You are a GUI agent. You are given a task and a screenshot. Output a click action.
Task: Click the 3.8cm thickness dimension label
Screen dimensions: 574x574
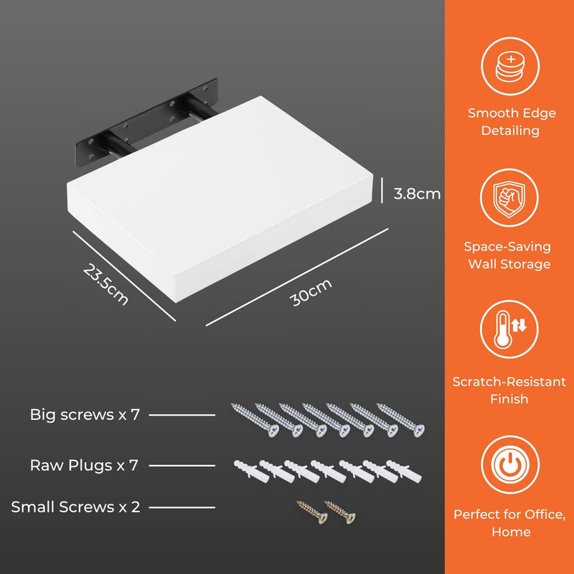pyautogui.click(x=417, y=194)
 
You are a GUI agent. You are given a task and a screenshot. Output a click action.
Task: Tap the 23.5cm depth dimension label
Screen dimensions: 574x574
pyautogui.click(x=105, y=284)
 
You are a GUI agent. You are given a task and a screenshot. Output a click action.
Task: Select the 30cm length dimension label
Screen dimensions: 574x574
pyautogui.click(x=311, y=292)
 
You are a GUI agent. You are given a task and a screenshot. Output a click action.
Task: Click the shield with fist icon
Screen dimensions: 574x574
pyautogui.click(x=509, y=199)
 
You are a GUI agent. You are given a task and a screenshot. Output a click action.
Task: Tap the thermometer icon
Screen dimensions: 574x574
pyautogui.click(x=509, y=329)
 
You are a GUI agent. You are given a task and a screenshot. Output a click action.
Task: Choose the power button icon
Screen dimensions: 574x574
pyautogui.click(x=510, y=464)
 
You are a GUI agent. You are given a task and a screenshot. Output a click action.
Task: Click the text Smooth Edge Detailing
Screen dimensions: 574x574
pyautogui.click(x=512, y=122)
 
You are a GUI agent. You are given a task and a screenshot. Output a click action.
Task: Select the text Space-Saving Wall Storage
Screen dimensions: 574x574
pyautogui.click(x=508, y=255)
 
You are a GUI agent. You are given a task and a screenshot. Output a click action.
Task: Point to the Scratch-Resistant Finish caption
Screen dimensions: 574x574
pyautogui.click(x=509, y=390)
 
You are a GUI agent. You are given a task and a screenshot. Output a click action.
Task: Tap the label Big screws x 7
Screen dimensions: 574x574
pyautogui.click(x=85, y=415)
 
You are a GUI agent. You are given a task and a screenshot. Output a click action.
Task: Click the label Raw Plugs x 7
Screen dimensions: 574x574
pyautogui.click(x=84, y=465)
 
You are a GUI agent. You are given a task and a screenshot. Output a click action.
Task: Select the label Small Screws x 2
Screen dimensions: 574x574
pyautogui.click(x=75, y=507)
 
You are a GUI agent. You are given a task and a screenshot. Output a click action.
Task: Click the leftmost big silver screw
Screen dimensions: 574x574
pyautogui.click(x=255, y=420)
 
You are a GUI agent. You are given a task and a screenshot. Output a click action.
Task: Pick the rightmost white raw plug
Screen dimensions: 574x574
pyautogui.click(x=404, y=471)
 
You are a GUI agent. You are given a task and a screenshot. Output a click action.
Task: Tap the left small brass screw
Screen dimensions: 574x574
pyautogui.click(x=312, y=512)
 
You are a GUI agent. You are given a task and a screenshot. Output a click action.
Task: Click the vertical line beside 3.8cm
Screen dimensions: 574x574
pyautogui.click(x=382, y=190)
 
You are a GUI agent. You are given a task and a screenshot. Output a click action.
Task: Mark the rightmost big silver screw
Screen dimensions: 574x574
pyautogui.click(x=400, y=420)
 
